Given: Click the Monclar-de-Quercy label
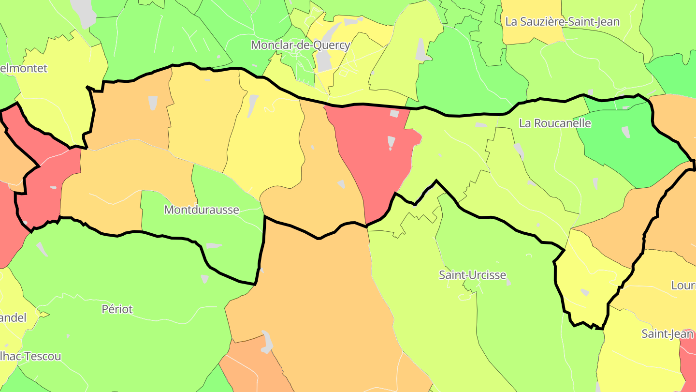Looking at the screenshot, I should point(300,45).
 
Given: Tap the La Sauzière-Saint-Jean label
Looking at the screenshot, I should point(562,22).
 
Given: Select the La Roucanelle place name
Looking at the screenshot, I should point(555,123).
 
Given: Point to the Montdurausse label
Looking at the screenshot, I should point(202,210).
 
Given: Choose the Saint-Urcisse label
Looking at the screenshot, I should point(472,275).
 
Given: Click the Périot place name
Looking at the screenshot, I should point(117,309).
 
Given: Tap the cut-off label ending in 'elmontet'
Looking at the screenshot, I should point(24,68).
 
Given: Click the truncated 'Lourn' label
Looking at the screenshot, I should point(683,286).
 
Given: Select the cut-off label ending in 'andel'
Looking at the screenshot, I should point(13,318).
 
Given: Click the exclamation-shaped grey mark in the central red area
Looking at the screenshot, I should point(391,143).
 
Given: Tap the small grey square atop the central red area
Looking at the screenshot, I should point(394,114).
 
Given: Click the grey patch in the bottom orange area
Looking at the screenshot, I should point(266,342).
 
